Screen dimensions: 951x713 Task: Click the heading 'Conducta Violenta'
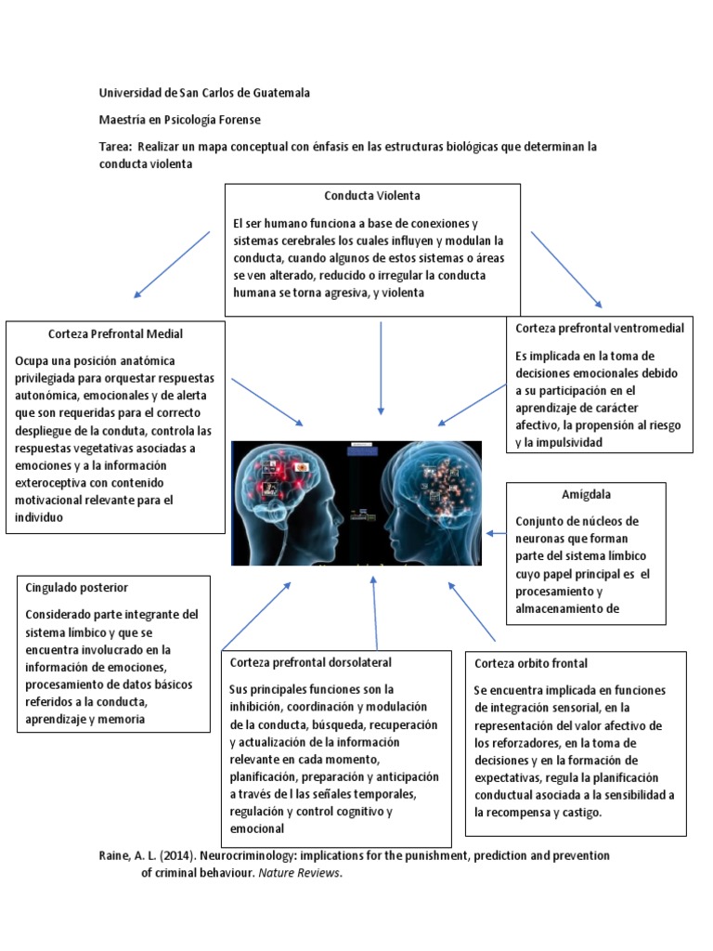coord(371,196)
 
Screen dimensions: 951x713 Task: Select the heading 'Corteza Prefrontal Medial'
coord(115,333)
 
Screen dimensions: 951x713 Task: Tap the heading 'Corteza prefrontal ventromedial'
coord(600,328)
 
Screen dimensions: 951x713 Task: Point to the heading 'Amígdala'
coord(586,494)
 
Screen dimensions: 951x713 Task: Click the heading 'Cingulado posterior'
coord(77,588)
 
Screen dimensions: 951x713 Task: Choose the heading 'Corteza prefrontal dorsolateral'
coord(310,662)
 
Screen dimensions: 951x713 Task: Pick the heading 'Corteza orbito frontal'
coord(531,663)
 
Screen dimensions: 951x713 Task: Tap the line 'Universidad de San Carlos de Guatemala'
coord(205,93)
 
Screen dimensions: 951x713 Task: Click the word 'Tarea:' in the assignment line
coord(116,147)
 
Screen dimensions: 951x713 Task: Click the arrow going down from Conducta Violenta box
coord(381,367)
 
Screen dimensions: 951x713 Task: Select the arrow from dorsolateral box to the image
coord(375,613)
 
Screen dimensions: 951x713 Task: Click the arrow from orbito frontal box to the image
coord(473,615)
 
